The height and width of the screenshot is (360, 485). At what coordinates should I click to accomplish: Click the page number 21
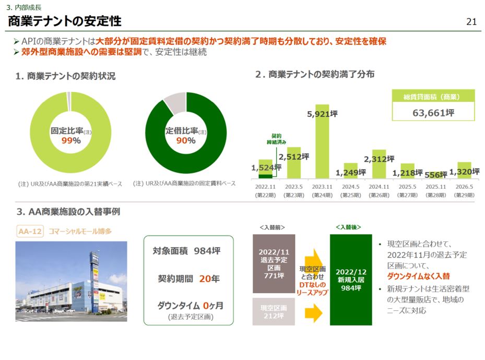point(471,22)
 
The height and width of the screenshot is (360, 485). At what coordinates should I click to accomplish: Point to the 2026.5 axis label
point(464,187)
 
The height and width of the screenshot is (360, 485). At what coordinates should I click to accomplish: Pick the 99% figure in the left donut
point(70,141)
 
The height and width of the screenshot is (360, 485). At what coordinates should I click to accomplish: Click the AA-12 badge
point(30,231)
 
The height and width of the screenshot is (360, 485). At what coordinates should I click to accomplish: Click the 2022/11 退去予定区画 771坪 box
point(274,263)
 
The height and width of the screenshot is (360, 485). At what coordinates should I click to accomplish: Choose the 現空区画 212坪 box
point(274,311)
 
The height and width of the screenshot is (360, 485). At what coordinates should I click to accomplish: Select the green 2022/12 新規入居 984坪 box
point(351,280)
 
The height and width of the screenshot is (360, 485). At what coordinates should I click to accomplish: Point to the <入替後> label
point(348,227)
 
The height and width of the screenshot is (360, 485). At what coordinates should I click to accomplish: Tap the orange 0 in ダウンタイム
point(206,306)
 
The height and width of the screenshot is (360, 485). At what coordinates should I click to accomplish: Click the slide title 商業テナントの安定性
point(64,21)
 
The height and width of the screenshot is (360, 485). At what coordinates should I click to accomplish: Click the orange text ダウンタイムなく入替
point(418,276)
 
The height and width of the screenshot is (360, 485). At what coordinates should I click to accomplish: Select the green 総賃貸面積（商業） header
point(433,96)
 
